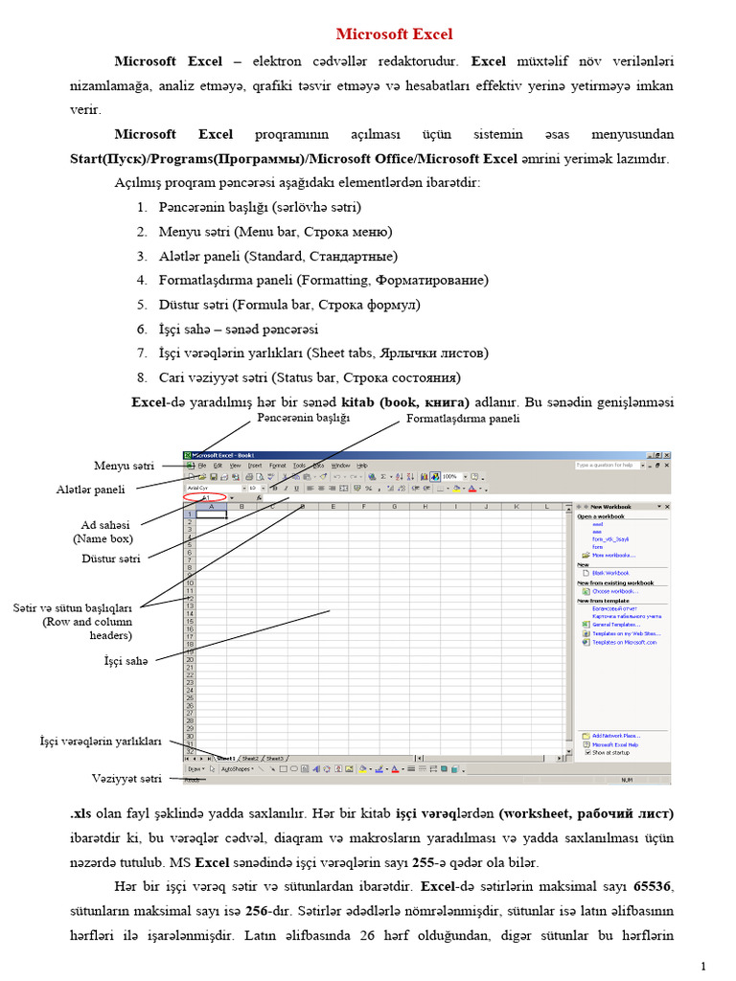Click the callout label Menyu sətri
(124, 466)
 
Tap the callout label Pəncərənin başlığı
(304, 418)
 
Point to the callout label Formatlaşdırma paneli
(463, 419)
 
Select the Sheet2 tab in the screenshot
(250, 758)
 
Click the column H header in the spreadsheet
(424, 506)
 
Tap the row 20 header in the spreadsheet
(190, 659)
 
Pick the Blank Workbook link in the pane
(609, 573)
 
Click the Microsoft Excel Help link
(614, 743)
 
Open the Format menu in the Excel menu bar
(278, 466)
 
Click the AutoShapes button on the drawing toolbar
(236, 768)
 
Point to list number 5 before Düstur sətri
(140, 305)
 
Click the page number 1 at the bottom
(702, 964)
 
